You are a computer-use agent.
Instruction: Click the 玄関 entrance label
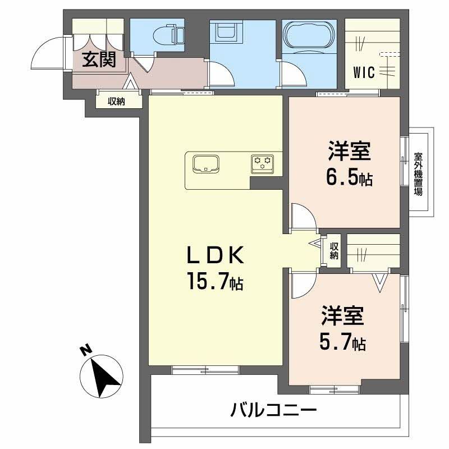[x=99, y=59]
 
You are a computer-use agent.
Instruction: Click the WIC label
[x=364, y=72]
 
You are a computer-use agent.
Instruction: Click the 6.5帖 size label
[x=349, y=178]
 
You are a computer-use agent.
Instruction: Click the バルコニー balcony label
[x=273, y=411]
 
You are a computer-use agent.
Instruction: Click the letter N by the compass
[x=85, y=351]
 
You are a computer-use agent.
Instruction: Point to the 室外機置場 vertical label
[x=418, y=173]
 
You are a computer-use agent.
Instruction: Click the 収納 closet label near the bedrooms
[x=334, y=250]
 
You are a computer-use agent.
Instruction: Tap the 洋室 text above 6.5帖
[x=349, y=152]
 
